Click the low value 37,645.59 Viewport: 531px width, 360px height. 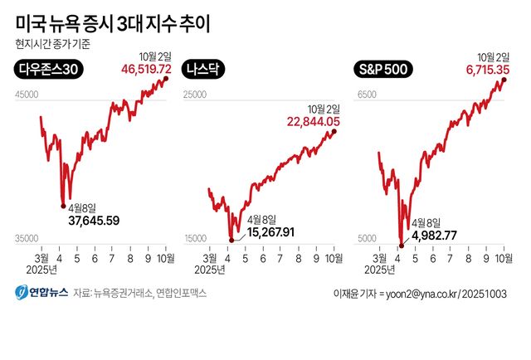coord(94,221)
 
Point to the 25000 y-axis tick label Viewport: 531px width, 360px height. coord(194,96)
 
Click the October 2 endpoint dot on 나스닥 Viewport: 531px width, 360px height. coord(335,131)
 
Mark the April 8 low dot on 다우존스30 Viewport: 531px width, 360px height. coord(61,204)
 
